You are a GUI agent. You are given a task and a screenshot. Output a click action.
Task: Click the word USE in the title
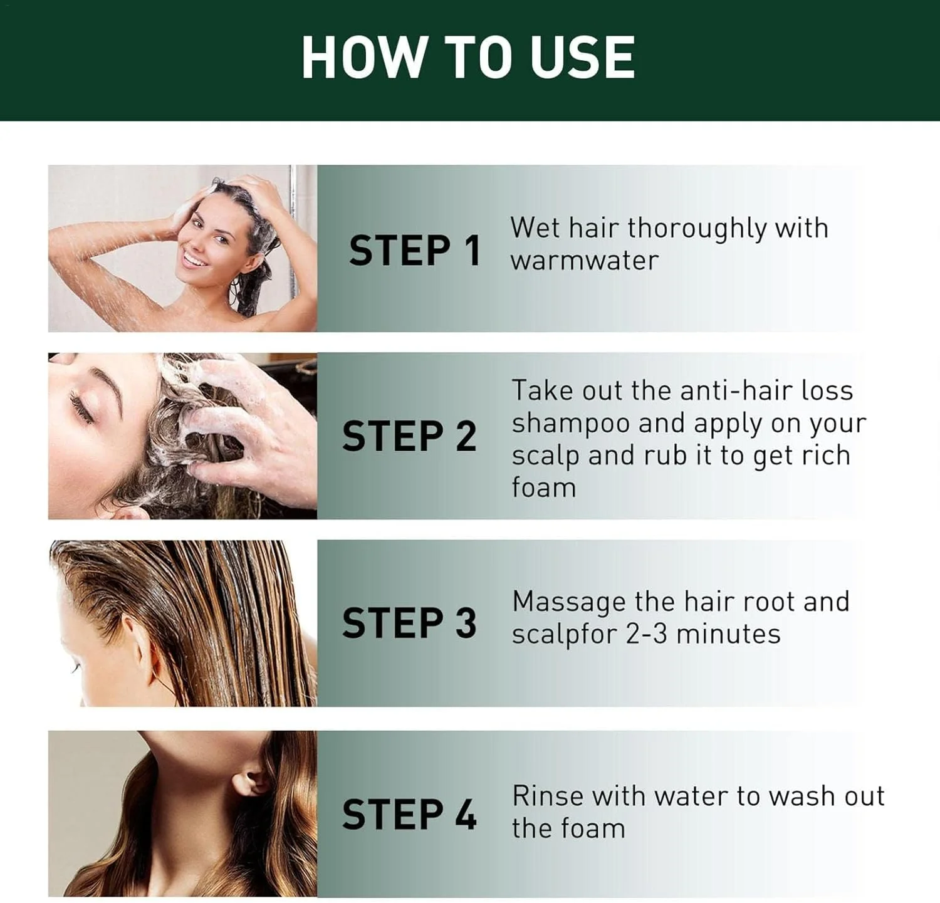[x=583, y=57]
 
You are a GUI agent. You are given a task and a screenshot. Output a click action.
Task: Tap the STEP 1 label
[x=415, y=250]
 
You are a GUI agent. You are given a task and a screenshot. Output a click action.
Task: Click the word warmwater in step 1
[x=585, y=261]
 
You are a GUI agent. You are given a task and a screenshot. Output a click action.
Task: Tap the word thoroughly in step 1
[x=697, y=229]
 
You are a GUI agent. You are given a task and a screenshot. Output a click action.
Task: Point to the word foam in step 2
[x=544, y=487]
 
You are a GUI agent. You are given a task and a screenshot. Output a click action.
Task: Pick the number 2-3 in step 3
[x=647, y=634]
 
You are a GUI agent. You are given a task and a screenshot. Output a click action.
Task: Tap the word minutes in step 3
[x=729, y=634]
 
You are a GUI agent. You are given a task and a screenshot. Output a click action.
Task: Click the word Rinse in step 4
[x=548, y=796]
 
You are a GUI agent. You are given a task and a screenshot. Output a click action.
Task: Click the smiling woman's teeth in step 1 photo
[x=195, y=260]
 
